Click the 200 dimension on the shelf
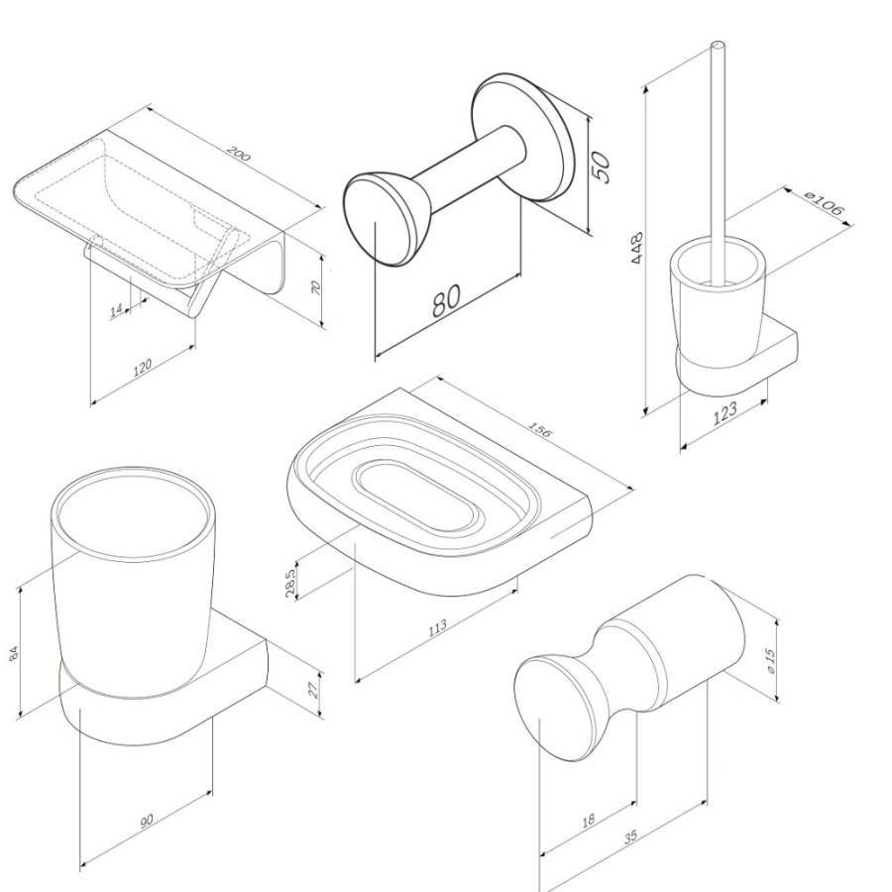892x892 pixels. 238,154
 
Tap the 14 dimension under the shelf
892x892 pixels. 117,310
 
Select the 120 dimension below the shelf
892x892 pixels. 142,367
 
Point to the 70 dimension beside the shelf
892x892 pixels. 317,287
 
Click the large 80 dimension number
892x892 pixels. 447,301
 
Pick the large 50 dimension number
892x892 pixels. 602,167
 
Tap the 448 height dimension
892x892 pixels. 637,247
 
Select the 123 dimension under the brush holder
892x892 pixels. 725,413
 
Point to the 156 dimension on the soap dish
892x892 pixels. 540,429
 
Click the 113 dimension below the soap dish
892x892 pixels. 437,627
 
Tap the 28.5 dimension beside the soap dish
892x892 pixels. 291,583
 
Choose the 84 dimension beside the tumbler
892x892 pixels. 15,652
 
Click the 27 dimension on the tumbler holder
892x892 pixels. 313,690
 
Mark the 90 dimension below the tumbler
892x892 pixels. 147,821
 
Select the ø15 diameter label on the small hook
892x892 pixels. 771,661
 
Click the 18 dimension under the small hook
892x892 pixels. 588,821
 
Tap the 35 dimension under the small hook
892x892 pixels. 630,837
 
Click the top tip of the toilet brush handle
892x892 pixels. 718,44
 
